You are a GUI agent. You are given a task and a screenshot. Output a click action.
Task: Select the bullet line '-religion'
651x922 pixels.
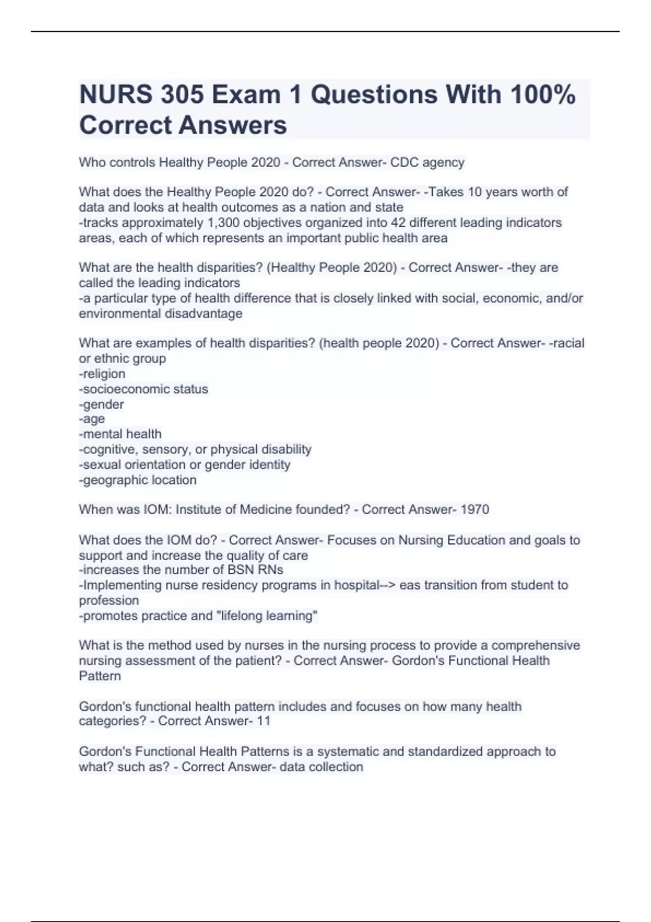102,374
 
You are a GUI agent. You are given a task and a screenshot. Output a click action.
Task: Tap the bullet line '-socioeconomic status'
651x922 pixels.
143,389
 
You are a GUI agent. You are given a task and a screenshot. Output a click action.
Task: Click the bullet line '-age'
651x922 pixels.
92,419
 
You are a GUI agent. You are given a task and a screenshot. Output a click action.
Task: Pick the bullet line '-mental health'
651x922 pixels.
120,434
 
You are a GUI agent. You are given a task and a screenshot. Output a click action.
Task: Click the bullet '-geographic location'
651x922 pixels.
137,480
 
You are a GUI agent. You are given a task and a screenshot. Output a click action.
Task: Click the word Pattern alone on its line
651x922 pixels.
100,676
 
